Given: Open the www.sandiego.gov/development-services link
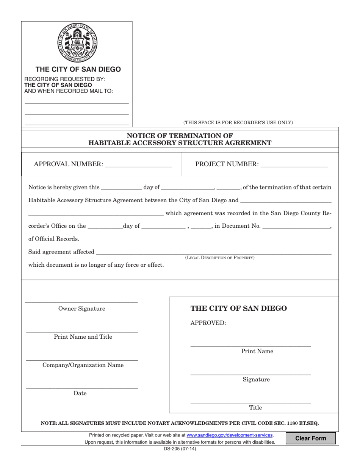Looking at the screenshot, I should pos(230,435).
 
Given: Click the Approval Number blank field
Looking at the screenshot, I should pos(138,164).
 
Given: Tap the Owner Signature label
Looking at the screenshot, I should pos(81,309).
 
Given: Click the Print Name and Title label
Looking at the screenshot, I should pos(83,337).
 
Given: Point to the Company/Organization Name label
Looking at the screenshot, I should pos(83,365).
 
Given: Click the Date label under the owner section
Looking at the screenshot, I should pos(80,393).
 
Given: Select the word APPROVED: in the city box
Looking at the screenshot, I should pos(208,323).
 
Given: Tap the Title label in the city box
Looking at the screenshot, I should pos(255,408).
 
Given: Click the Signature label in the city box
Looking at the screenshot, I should pos(256,380).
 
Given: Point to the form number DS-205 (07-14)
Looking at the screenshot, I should pos(180,449).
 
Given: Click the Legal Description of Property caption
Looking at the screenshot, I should pos(220,258).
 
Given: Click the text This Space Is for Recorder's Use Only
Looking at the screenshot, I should pos(238,122).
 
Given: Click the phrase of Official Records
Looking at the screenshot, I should pos(54,239).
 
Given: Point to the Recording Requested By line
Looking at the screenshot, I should pos(65,79).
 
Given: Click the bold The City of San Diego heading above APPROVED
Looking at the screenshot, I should pos(238,308).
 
